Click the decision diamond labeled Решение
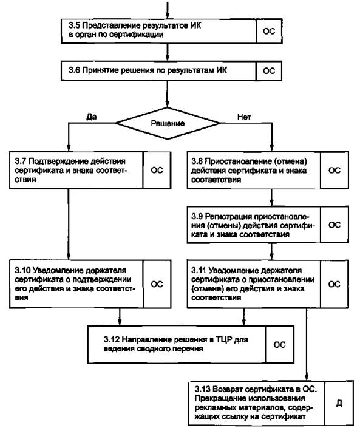point(168,123)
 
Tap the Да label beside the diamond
point(91,117)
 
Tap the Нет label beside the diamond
point(244,117)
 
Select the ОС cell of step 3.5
point(269,31)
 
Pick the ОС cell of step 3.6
point(269,71)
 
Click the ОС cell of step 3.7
point(157,170)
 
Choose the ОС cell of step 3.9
point(335,225)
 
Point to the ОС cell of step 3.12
point(280,345)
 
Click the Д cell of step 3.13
point(339,403)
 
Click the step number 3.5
point(74,25)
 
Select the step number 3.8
point(197,161)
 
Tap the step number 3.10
point(22,270)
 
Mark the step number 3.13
point(203,389)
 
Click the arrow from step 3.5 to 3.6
point(168,52)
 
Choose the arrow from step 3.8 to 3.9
point(271,197)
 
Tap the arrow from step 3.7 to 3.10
point(69,224)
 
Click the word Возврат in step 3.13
point(228,389)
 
